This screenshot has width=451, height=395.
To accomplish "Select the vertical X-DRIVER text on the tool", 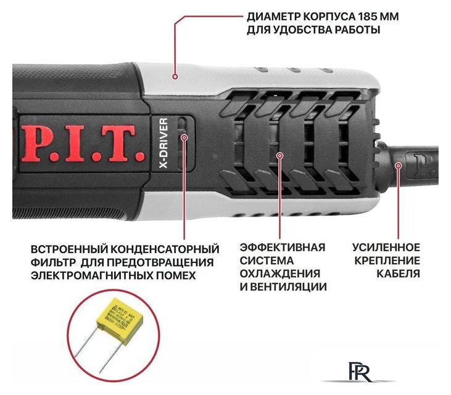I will point(163,139).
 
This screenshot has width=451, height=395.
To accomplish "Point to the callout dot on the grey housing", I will point(176,77).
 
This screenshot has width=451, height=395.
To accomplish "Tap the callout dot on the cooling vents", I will point(279,156).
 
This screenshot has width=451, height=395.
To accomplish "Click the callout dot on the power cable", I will point(398,165).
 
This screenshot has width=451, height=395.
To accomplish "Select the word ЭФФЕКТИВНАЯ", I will point(283,247).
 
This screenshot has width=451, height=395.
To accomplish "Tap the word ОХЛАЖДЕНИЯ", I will point(279,273).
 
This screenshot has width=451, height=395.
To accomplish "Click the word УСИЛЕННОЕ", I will point(386,247).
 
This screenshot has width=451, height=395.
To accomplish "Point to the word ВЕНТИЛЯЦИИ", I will point(290,287).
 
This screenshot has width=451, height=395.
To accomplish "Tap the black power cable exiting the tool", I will point(426,162).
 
